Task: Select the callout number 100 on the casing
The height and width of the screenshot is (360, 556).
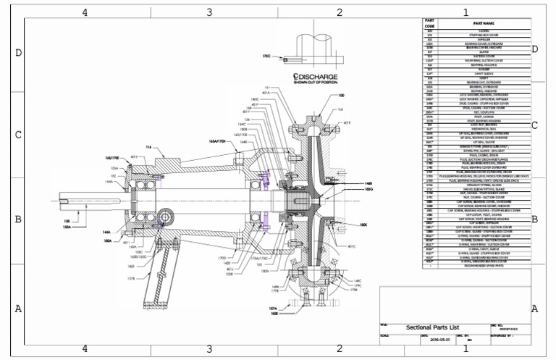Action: click(x=342, y=95)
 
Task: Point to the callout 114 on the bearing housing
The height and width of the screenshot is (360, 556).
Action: click(x=149, y=147)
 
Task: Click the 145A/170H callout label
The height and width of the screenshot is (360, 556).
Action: click(x=219, y=142)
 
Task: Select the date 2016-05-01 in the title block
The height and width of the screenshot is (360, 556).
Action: click(x=440, y=338)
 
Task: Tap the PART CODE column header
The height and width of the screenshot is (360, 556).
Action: click(x=429, y=23)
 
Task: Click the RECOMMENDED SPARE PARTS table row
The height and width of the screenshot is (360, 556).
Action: click(x=482, y=266)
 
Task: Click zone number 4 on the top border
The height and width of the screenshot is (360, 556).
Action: click(x=85, y=12)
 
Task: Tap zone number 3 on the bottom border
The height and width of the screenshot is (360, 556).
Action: click(x=209, y=348)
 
